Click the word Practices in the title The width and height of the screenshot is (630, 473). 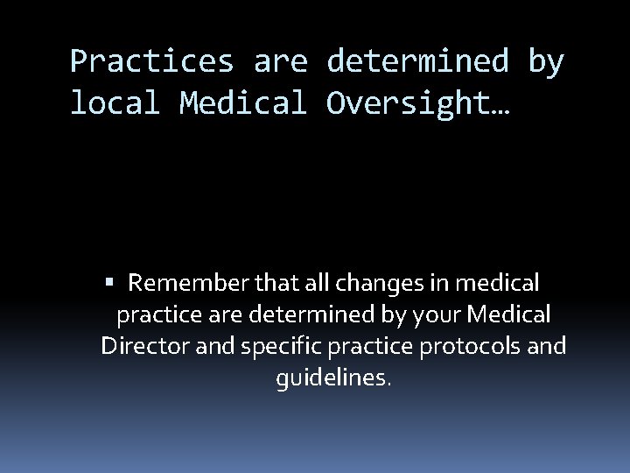point(151,62)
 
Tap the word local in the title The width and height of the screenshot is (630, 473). point(115,103)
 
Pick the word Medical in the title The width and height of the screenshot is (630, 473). point(243,103)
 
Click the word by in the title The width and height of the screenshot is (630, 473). point(545,62)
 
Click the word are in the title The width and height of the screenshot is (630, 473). point(281,62)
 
